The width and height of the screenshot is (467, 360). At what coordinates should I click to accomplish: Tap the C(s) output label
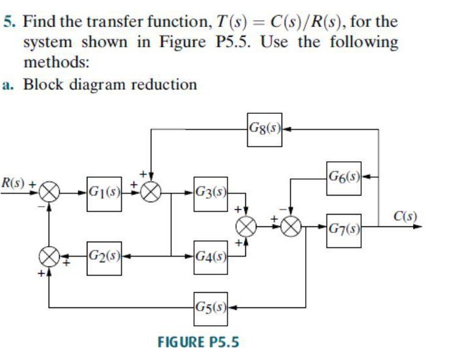[x=405, y=216]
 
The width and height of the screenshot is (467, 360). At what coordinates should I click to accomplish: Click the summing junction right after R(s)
[x=50, y=192]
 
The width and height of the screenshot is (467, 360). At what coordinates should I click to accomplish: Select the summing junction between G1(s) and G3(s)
[x=152, y=192]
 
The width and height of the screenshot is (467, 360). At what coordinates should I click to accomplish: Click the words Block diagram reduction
[x=110, y=84]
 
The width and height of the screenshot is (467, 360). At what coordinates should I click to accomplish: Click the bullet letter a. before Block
[x=9, y=85]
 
